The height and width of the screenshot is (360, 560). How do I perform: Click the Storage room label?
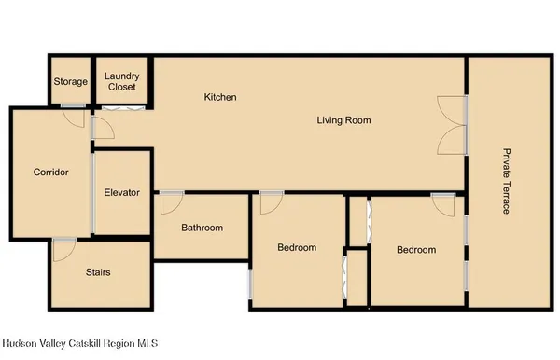70,82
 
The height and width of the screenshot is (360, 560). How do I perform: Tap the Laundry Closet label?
121,81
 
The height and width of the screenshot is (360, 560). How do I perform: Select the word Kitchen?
221,97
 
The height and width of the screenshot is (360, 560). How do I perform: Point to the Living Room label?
343,119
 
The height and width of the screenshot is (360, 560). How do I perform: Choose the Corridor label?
50,172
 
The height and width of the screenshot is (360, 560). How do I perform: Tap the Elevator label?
121,193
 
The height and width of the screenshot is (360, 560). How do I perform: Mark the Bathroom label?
202,228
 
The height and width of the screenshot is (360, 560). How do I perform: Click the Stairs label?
98,272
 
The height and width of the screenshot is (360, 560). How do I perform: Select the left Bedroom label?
297,248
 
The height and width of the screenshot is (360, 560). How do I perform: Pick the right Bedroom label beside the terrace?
415,250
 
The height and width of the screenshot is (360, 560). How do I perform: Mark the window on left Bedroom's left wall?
249,284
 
